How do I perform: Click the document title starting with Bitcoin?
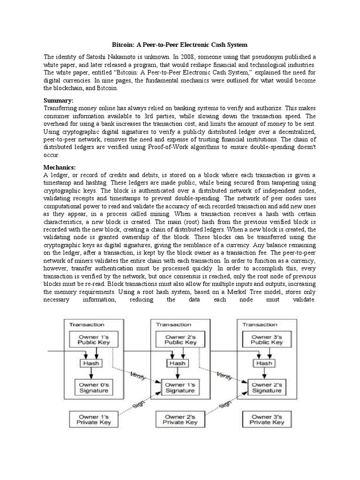click(180, 45)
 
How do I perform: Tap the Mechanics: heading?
click(60, 167)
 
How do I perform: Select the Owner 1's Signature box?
click(180, 388)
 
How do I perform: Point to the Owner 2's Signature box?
click(268, 388)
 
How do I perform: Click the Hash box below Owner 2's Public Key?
click(177, 363)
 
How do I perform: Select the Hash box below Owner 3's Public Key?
click(265, 363)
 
